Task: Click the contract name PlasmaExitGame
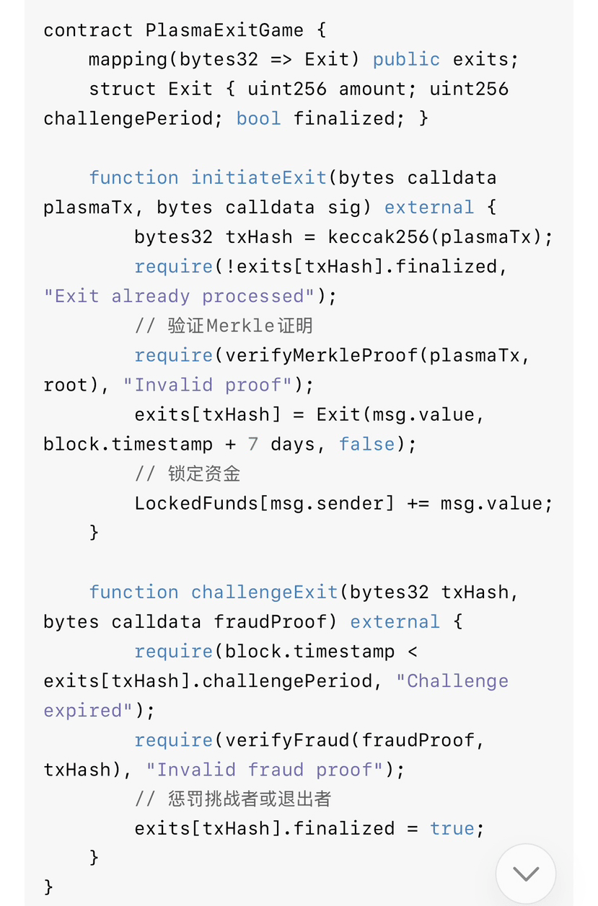(224, 30)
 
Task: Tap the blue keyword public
(406, 59)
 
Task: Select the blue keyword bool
(258, 118)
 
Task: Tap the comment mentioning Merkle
(224, 326)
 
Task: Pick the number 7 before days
(252, 444)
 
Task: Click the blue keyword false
(366, 444)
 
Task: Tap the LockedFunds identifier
(195, 503)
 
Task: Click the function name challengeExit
(264, 592)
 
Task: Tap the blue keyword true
(452, 829)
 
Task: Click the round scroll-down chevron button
(526, 874)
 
